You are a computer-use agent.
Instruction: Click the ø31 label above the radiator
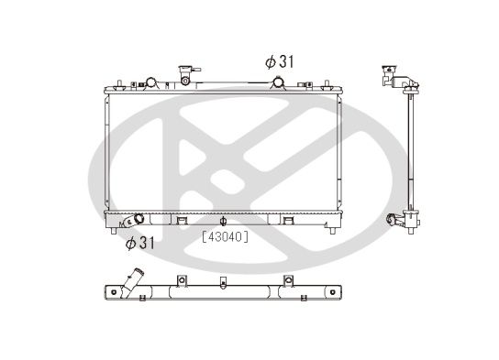pyautogui.click(x=281, y=62)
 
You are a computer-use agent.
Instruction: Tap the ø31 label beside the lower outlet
pyautogui.click(x=142, y=243)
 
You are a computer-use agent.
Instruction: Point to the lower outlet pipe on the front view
pyautogui.click(x=138, y=220)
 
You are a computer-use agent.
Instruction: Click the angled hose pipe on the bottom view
pyautogui.click(x=137, y=280)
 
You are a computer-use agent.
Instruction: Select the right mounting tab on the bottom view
pyautogui.click(x=288, y=280)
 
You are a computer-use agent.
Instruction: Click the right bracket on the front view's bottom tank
pyautogui.click(x=288, y=220)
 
